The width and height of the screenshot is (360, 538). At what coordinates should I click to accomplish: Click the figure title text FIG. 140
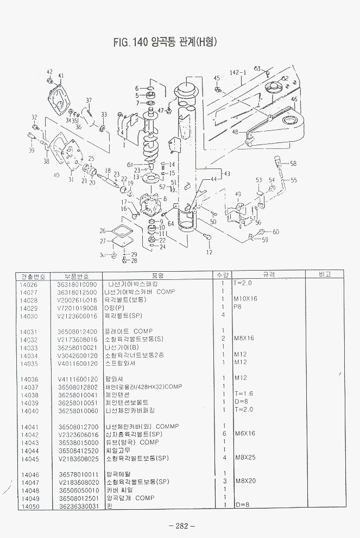[x=131, y=42]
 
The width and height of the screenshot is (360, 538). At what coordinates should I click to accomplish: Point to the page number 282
[x=181, y=526]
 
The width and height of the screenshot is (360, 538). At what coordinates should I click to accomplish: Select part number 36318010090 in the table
[x=77, y=284]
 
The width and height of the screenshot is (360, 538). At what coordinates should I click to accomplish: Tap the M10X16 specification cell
[x=246, y=299]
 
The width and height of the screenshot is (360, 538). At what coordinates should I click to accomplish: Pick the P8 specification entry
[x=237, y=307]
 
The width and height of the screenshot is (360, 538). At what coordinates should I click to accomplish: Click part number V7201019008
[x=77, y=308]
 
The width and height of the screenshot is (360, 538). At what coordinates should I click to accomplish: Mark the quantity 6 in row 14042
[x=223, y=434]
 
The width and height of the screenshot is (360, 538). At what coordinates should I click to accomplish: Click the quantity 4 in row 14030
[x=223, y=315]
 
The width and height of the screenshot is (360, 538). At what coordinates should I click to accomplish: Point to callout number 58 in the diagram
[x=293, y=163]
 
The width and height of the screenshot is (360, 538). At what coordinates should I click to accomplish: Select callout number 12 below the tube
[x=210, y=252]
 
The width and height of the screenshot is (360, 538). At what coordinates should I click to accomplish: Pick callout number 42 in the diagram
[x=49, y=72]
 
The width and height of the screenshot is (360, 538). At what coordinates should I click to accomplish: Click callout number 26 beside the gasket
[x=103, y=230]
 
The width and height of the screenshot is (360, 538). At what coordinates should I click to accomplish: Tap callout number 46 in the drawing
[x=294, y=99]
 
